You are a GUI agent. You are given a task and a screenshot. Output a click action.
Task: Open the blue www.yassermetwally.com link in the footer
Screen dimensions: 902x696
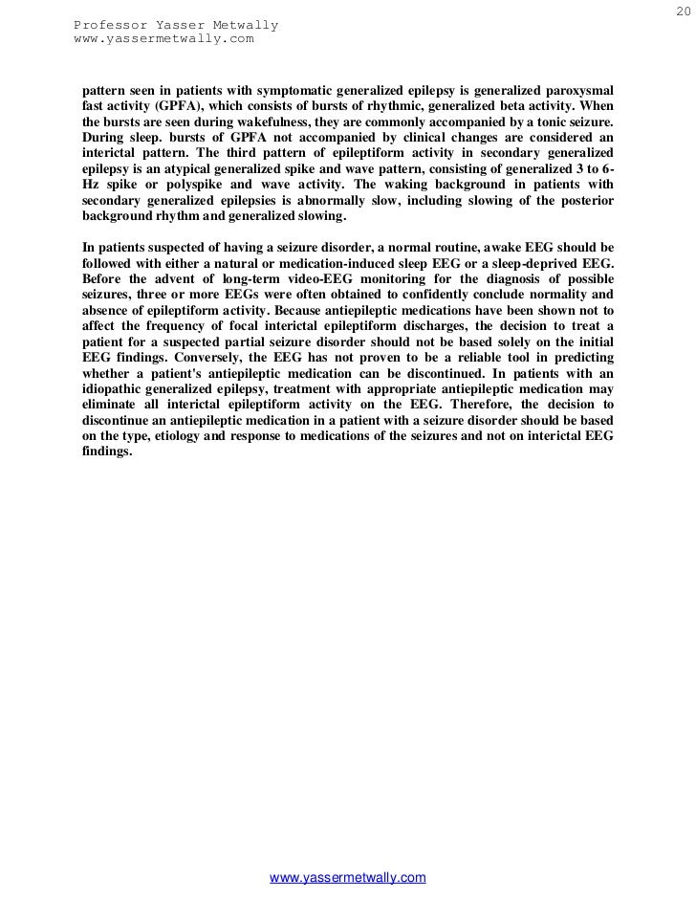tap(348, 878)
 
